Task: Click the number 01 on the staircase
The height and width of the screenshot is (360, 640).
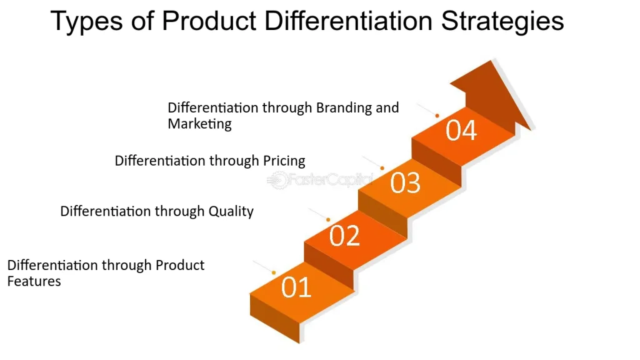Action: point(296,288)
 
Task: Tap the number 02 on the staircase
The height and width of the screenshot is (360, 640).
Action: point(345,236)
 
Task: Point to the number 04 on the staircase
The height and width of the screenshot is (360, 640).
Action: point(461,131)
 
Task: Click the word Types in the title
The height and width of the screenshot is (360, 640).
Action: point(84,22)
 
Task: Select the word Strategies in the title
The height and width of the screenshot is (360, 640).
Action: point(503,22)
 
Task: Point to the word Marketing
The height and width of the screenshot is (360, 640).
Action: point(199,124)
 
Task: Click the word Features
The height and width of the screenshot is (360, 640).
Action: point(34,281)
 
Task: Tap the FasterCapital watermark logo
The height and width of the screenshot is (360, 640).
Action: point(319,181)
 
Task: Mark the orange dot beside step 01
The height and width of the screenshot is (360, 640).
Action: point(274,272)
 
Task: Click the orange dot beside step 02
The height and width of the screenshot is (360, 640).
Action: point(328,219)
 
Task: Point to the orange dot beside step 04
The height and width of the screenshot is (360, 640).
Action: point(437,116)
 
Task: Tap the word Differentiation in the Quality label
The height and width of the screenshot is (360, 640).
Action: point(106,211)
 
